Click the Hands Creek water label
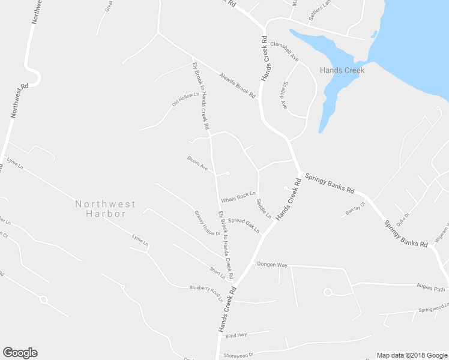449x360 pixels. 342,70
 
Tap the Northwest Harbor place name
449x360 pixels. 105,209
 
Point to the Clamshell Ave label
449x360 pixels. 285,49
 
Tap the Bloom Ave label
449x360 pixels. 197,163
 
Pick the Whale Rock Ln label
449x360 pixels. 238,196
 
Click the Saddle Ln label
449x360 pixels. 264,208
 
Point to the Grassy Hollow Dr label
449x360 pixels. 208,223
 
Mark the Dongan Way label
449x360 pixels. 273,264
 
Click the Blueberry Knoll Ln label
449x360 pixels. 206,292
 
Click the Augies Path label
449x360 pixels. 432,289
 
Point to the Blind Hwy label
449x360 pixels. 236,335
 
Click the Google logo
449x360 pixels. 20,353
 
